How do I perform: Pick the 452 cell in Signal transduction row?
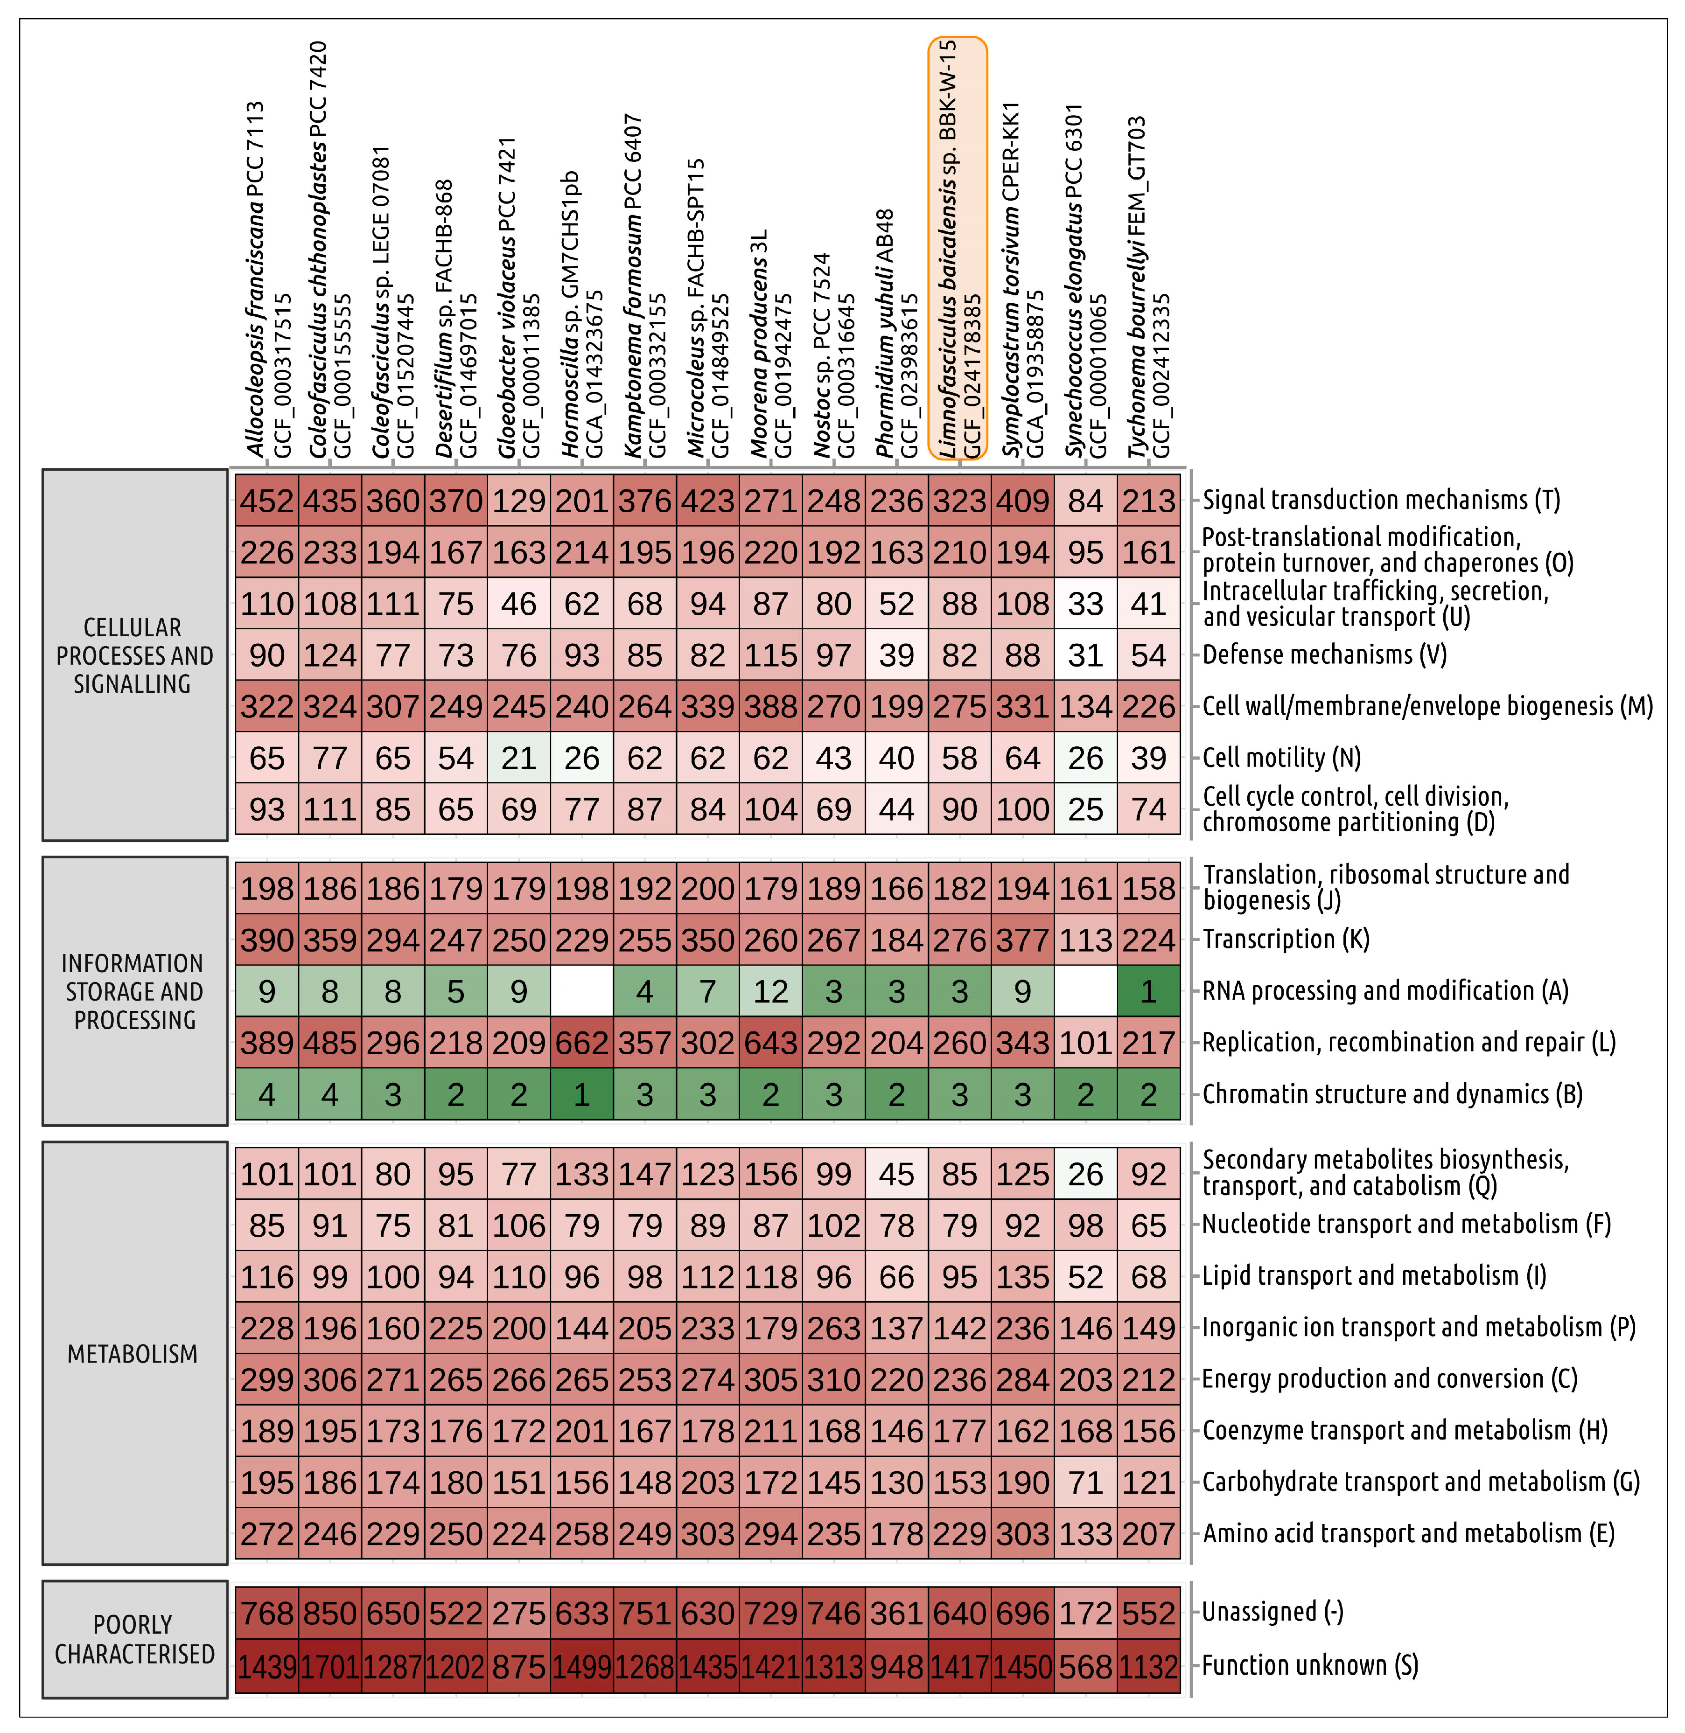266,501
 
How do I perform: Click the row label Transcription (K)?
1285,940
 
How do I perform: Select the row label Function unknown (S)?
1310,1666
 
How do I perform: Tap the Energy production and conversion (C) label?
1390,1378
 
